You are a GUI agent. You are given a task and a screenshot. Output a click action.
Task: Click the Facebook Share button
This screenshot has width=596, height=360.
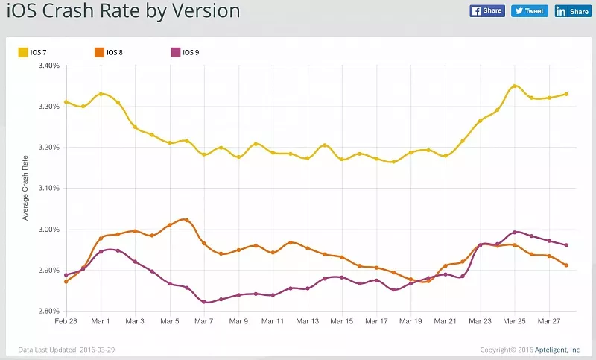[x=487, y=11]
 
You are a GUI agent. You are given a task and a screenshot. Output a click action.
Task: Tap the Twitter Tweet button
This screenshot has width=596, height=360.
[x=530, y=11]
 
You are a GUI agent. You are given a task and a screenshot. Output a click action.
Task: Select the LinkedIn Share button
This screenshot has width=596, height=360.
[x=572, y=11]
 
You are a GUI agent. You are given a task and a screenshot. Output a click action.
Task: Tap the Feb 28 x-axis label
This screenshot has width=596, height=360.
[x=66, y=322]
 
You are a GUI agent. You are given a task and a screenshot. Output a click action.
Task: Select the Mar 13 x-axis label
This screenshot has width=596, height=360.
[x=308, y=322]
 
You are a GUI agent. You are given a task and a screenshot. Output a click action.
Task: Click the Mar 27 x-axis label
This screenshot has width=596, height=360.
[x=549, y=322]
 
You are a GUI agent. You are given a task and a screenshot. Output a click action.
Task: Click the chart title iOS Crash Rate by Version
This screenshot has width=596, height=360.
[x=124, y=11]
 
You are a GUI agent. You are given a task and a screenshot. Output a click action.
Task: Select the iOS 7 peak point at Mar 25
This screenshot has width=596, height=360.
[x=515, y=86]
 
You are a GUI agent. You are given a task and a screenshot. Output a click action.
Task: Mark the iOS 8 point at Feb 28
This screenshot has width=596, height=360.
[x=66, y=282]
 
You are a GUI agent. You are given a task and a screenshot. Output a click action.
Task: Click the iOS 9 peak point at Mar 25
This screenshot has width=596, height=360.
[x=515, y=232]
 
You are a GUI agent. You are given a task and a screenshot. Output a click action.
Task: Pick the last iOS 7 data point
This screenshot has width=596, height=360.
[x=566, y=94]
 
